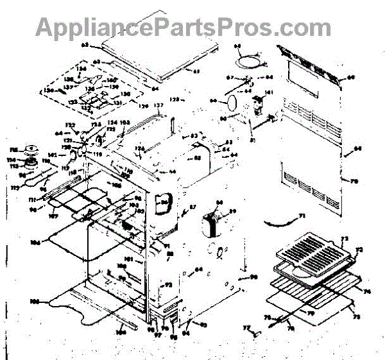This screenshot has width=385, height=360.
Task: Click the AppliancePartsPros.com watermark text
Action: tap(184, 26)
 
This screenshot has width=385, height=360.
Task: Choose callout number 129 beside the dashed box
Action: tap(144, 105)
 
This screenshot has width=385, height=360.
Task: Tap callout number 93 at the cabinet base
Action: tap(204, 325)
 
